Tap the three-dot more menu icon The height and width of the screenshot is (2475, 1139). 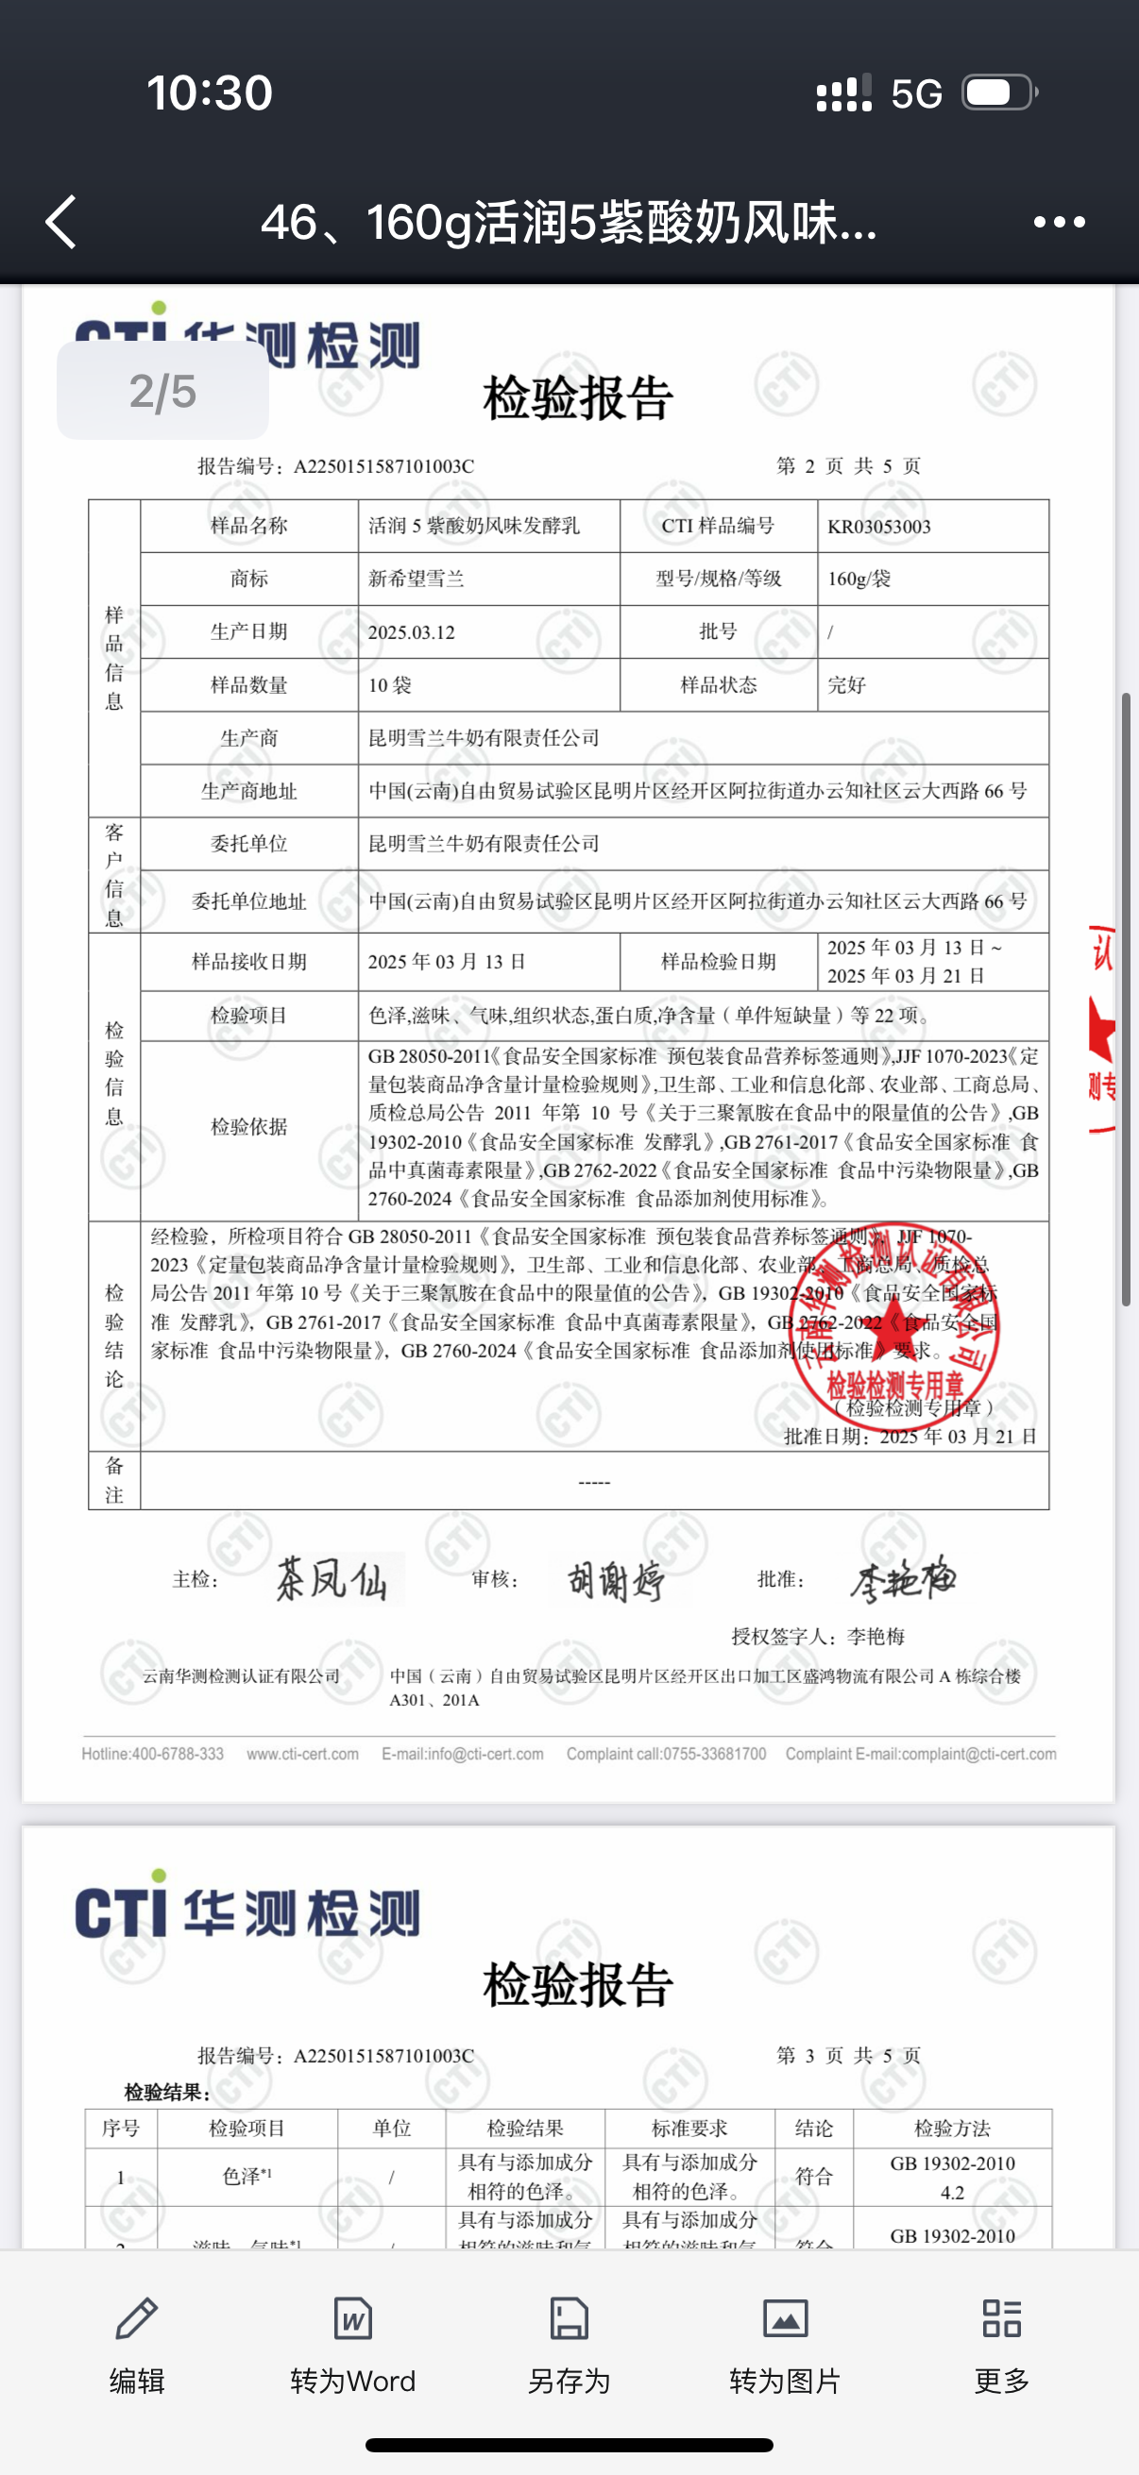(1060, 222)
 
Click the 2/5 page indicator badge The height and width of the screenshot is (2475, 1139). (162, 391)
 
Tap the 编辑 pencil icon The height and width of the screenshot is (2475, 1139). (137, 2317)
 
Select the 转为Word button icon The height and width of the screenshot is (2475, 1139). (353, 2317)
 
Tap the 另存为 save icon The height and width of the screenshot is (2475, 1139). (569, 2317)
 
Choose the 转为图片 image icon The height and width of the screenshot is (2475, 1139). (785, 2317)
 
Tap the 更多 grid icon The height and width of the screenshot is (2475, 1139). (1001, 2317)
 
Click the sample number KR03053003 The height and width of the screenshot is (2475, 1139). (878, 527)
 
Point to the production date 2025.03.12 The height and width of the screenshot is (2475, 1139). (412, 632)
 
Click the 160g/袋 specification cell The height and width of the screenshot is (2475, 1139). (859, 579)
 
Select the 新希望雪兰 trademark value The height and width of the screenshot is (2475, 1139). (416, 579)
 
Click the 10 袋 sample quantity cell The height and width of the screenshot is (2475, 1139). (390, 685)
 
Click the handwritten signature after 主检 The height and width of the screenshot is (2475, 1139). (331, 1578)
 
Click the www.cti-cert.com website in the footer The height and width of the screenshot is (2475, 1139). (303, 1754)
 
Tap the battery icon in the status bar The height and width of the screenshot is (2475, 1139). (999, 93)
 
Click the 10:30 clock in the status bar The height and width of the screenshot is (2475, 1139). (210, 93)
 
